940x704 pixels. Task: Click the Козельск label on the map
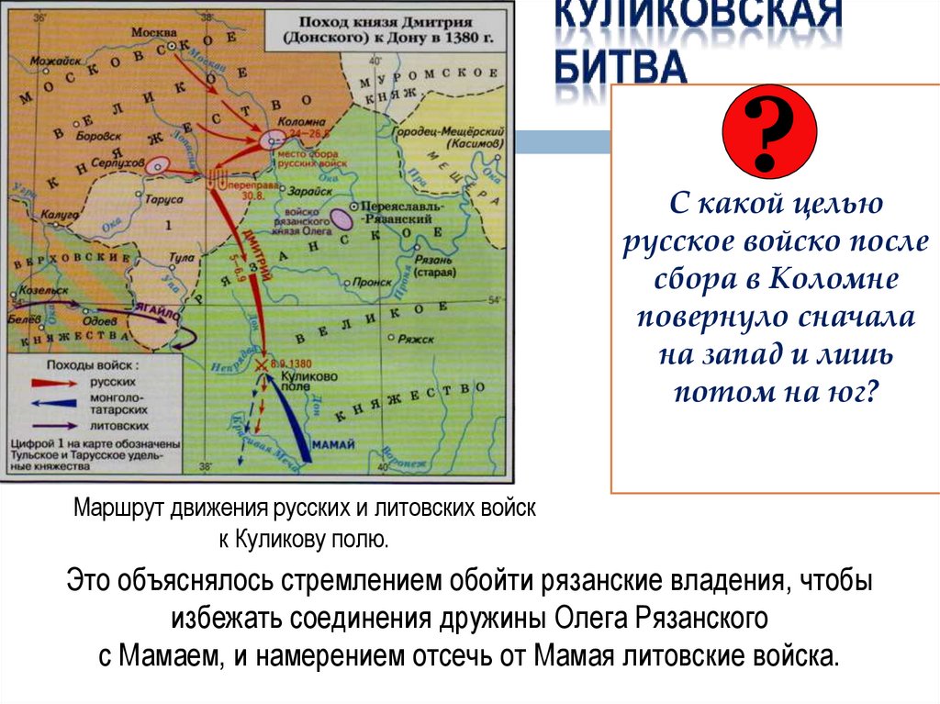point(34,287)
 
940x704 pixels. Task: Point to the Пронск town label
point(372,283)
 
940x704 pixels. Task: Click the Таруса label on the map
point(165,196)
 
